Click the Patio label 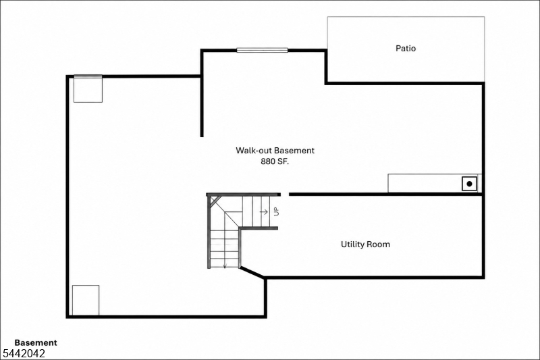[x=406, y=48]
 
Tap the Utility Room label [x=365, y=245]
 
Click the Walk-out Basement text [x=275, y=150]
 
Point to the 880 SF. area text [x=275, y=161]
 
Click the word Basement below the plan [x=36, y=342]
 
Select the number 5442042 [x=24, y=353]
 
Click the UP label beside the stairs [x=276, y=211]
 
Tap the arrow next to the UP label [x=264, y=211]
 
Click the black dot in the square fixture [x=469, y=184]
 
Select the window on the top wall [x=262, y=50]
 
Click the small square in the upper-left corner [x=88, y=90]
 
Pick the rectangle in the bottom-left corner [x=86, y=300]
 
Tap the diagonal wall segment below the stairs [x=252, y=272]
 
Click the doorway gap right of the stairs [x=285, y=195]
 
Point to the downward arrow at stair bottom [x=225, y=265]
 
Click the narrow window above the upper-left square [x=88, y=76]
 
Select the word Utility [x=352, y=245]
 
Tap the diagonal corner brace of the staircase [x=215, y=201]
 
